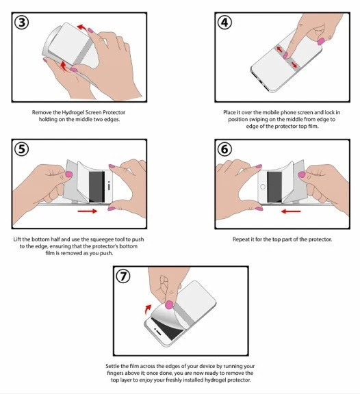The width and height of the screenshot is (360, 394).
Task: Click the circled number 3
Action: [22, 23]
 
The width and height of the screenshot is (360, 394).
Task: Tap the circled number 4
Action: [224, 23]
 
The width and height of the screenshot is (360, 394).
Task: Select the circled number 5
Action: [22, 149]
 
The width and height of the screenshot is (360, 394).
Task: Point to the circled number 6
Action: [224, 149]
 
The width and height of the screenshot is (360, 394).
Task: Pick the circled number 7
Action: [123, 276]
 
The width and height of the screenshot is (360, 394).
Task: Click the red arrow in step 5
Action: [88, 211]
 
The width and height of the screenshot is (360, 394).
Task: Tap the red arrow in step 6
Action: [291, 211]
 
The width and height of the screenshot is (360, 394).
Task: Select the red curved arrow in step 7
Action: [148, 310]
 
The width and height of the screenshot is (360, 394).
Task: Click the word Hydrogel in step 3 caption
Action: [73, 112]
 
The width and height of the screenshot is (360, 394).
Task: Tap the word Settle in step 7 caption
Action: [113, 366]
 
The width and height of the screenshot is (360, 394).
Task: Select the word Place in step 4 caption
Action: [230, 112]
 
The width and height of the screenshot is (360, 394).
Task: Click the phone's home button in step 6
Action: [263, 187]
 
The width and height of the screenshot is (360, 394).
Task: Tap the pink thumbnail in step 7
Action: [170, 304]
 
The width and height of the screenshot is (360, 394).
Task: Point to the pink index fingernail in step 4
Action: [285, 55]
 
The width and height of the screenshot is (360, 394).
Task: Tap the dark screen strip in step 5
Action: [97, 187]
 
